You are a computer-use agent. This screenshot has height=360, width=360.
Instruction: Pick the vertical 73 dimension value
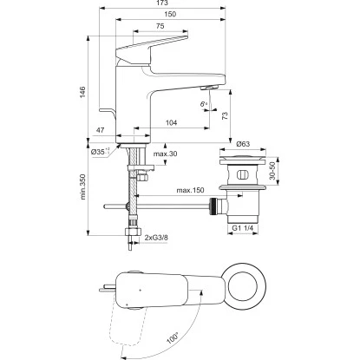(224, 116)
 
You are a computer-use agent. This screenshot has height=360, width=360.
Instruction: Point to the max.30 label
(165, 154)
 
